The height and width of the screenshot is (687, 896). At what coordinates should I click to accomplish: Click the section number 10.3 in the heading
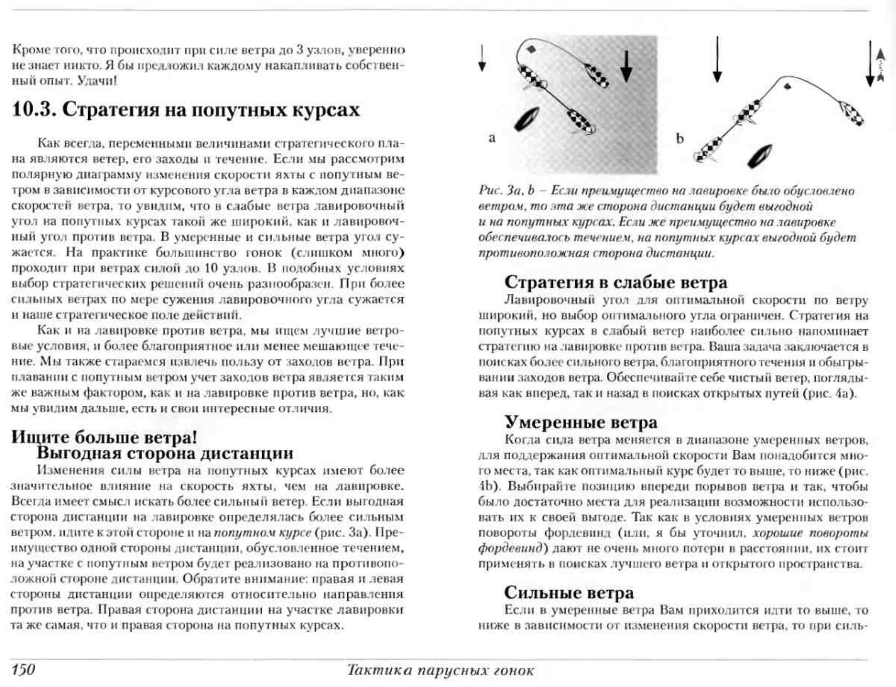[x=33, y=110]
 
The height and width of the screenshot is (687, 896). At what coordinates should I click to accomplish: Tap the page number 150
[x=23, y=669]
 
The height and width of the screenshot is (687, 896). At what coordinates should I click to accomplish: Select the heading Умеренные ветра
[x=580, y=422]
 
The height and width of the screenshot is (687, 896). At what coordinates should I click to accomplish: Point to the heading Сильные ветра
[x=568, y=592]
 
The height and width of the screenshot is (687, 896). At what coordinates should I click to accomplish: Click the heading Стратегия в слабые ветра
[x=615, y=282]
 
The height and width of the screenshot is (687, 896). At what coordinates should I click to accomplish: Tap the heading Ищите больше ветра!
[x=104, y=437]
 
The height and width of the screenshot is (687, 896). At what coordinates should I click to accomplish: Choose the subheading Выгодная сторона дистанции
[x=164, y=453]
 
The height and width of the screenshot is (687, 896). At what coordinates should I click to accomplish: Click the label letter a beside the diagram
[x=492, y=138]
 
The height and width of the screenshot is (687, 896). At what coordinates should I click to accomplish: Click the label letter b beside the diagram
[x=679, y=138]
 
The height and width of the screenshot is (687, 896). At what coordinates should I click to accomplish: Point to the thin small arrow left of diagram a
[x=482, y=58]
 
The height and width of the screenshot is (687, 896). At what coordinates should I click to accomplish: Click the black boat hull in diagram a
[x=527, y=119]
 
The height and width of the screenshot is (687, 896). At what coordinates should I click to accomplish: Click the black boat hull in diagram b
[x=760, y=156]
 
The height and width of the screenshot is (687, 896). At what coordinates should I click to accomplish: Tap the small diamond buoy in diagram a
[x=531, y=50]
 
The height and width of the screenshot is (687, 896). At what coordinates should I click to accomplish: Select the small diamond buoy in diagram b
[x=788, y=86]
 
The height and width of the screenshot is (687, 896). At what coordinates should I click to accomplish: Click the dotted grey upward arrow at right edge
[x=879, y=65]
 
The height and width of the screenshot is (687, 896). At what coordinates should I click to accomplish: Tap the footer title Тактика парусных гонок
[x=440, y=670]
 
